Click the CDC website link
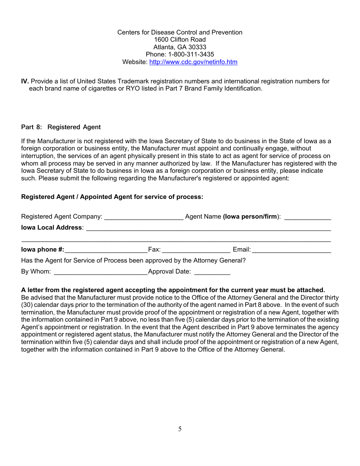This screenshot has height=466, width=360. point(193,62)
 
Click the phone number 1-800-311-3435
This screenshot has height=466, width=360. point(191,55)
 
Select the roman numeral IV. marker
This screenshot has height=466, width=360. point(25,81)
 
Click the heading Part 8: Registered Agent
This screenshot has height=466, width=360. point(61,127)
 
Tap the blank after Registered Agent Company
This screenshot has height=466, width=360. point(144,217)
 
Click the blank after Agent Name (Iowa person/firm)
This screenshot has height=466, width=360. point(307,217)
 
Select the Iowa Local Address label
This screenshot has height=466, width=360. point(52,227)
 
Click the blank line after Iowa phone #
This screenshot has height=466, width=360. point(106,250)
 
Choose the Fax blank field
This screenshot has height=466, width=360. point(196,250)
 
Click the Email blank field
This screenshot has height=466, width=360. point(291,250)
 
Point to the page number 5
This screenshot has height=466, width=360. point(180,429)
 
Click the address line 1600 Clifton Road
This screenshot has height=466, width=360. point(180,40)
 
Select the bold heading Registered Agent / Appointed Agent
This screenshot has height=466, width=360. point(112,197)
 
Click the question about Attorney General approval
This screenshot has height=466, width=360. point(133,261)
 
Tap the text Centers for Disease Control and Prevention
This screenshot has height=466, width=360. point(180,33)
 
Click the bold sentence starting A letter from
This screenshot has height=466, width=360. point(173,290)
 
